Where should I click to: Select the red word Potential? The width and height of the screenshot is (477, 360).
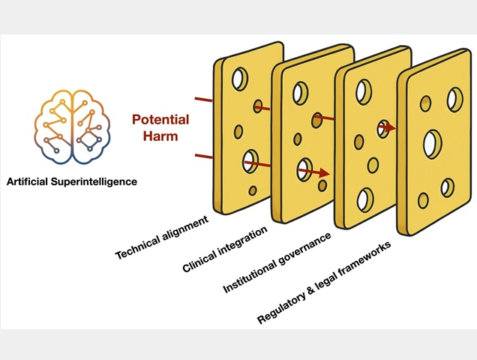pyautogui.click(x=160, y=119)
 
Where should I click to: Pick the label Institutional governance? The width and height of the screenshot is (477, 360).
pyautogui.click(x=277, y=263)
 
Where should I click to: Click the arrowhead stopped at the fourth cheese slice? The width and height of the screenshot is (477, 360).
pyautogui.click(x=391, y=128)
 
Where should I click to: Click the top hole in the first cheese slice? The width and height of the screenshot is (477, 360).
pyautogui.click(x=240, y=78)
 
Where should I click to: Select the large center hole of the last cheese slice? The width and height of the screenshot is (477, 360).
pyautogui.click(x=433, y=143)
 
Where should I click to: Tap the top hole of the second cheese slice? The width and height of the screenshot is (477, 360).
pyautogui.click(x=300, y=93)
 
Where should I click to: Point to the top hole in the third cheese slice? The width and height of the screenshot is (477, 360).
pyautogui.click(x=363, y=91)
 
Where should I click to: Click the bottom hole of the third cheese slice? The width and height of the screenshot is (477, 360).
pyautogui.click(x=365, y=199)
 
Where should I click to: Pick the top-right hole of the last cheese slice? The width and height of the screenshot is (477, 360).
pyautogui.click(x=454, y=97)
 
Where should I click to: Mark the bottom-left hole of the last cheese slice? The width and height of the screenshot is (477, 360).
pyautogui.click(x=423, y=200)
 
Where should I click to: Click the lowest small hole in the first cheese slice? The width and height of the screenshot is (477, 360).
pyautogui.click(x=253, y=190)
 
